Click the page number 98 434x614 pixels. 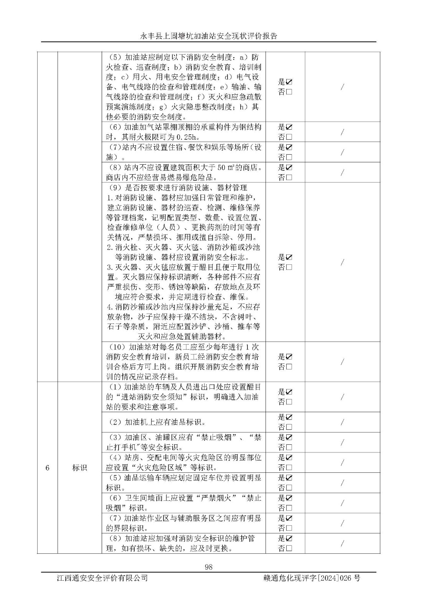209,567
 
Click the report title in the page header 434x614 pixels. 209,36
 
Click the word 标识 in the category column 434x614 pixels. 79,468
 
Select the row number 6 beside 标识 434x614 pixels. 47,468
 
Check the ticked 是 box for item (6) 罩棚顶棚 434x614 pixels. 289,127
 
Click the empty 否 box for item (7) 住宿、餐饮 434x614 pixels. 289,157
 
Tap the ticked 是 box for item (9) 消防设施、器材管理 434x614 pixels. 289,257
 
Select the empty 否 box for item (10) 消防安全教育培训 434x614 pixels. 289,366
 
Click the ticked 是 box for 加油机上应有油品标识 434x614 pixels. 289,417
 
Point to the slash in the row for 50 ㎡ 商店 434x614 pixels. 342,172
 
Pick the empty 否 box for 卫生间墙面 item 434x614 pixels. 289,508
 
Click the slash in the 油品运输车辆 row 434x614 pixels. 342,483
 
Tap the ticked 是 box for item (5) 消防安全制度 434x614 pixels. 289,82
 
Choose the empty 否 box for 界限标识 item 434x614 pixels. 289,528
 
